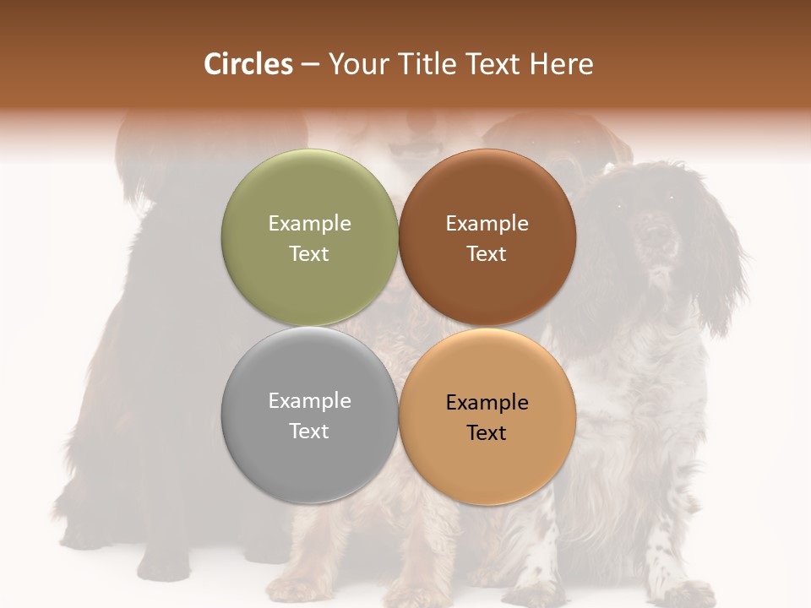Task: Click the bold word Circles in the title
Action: (248, 64)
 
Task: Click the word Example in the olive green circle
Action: (309, 224)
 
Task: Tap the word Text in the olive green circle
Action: (309, 254)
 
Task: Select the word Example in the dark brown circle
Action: (487, 224)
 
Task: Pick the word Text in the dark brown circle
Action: (487, 254)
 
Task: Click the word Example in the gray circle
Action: (309, 401)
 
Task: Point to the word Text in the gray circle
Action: (309, 432)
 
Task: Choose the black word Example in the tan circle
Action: (487, 403)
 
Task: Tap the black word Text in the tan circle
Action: (487, 433)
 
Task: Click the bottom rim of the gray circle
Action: (309, 502)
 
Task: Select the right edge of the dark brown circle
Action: (574, 238)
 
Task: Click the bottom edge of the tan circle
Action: (487, 503)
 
